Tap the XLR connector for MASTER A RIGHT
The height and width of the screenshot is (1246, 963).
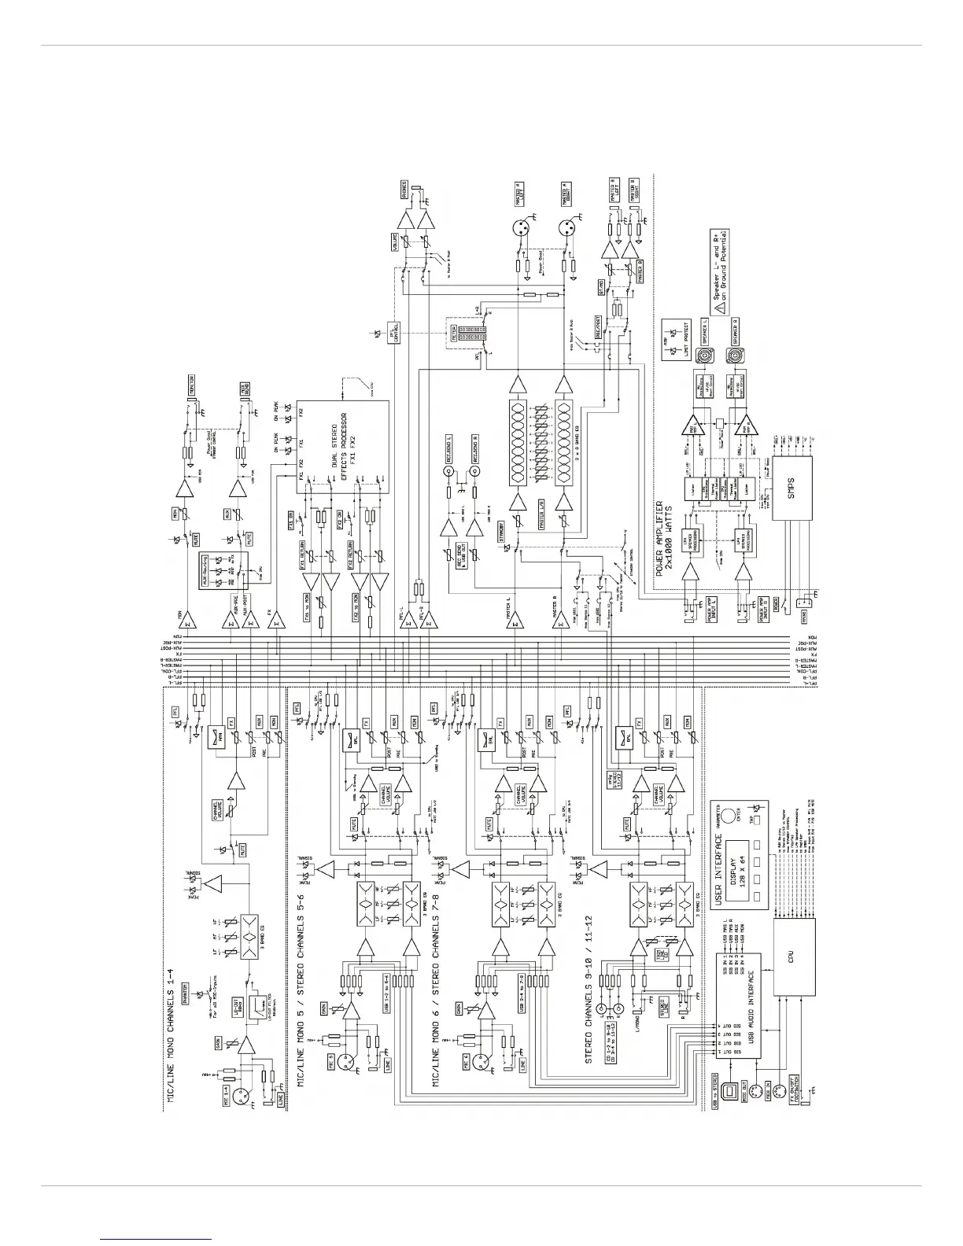pos(565,229)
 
